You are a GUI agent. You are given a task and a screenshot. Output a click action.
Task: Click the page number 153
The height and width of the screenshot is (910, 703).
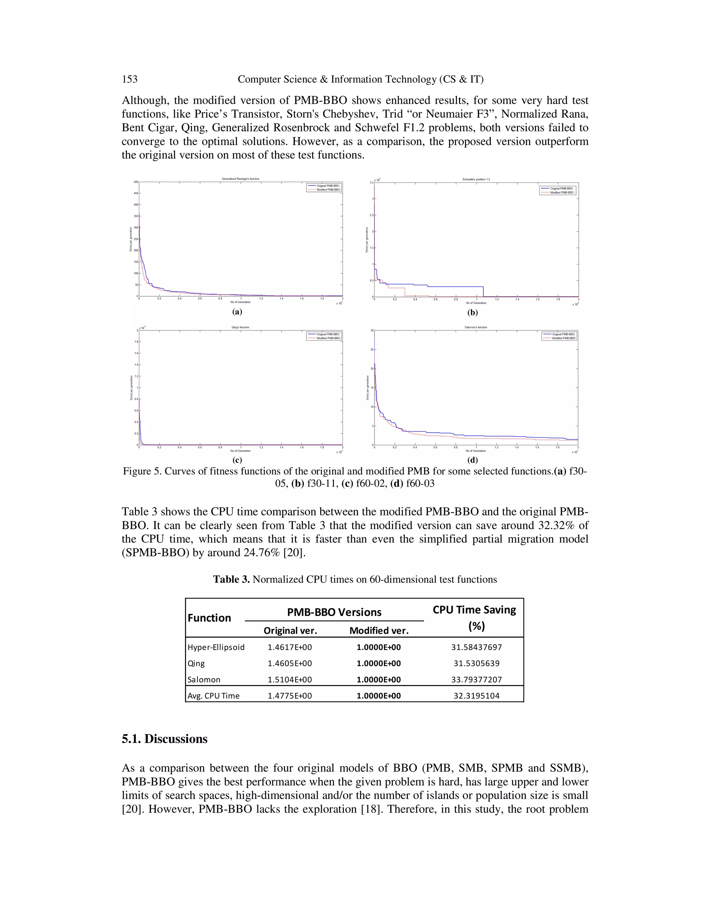pos(129,79)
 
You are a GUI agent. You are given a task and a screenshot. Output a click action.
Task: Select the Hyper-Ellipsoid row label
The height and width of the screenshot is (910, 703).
pos(216,647)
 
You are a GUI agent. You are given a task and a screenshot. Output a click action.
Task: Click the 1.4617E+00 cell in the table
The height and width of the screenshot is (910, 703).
pos(289,647)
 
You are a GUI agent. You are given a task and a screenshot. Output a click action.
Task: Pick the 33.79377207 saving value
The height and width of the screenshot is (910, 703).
pos(476,680)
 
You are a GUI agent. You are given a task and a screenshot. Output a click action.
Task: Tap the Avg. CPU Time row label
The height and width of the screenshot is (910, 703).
pos(213,696)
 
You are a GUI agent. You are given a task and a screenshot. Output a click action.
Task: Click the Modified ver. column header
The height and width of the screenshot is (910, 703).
pos(379,630)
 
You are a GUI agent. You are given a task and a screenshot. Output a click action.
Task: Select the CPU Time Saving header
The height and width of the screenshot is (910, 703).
pos(474,610)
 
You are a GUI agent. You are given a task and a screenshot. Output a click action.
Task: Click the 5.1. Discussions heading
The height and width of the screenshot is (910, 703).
pos(164,739)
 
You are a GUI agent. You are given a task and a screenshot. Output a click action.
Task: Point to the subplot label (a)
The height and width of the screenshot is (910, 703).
pos(237,312)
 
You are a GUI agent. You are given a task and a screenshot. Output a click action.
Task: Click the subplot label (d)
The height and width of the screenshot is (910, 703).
pos(472,460)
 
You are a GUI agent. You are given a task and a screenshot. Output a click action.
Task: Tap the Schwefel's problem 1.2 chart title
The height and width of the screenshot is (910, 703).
pos(476,179)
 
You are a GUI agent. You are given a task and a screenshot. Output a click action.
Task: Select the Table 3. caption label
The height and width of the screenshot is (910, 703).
pos(231,580)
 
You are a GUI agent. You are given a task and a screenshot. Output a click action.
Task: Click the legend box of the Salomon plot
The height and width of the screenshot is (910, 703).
pos(559,336)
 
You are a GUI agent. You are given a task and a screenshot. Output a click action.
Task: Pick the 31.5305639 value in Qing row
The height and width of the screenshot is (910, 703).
pos(476,663)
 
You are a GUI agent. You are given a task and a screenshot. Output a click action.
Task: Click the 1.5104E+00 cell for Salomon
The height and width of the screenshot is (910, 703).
pos(289,680)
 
